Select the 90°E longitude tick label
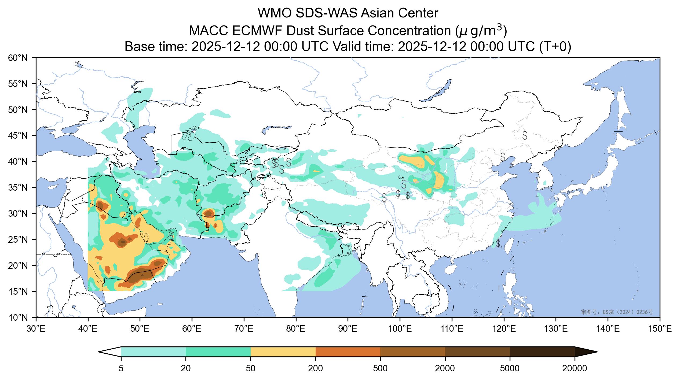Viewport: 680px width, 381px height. pyautogui.click(x=348, y=329)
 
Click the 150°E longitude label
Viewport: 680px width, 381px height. pyautogui.click(x=660, y=329)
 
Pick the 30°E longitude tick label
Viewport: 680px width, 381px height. pyautogui.click(x=36, y=329)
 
